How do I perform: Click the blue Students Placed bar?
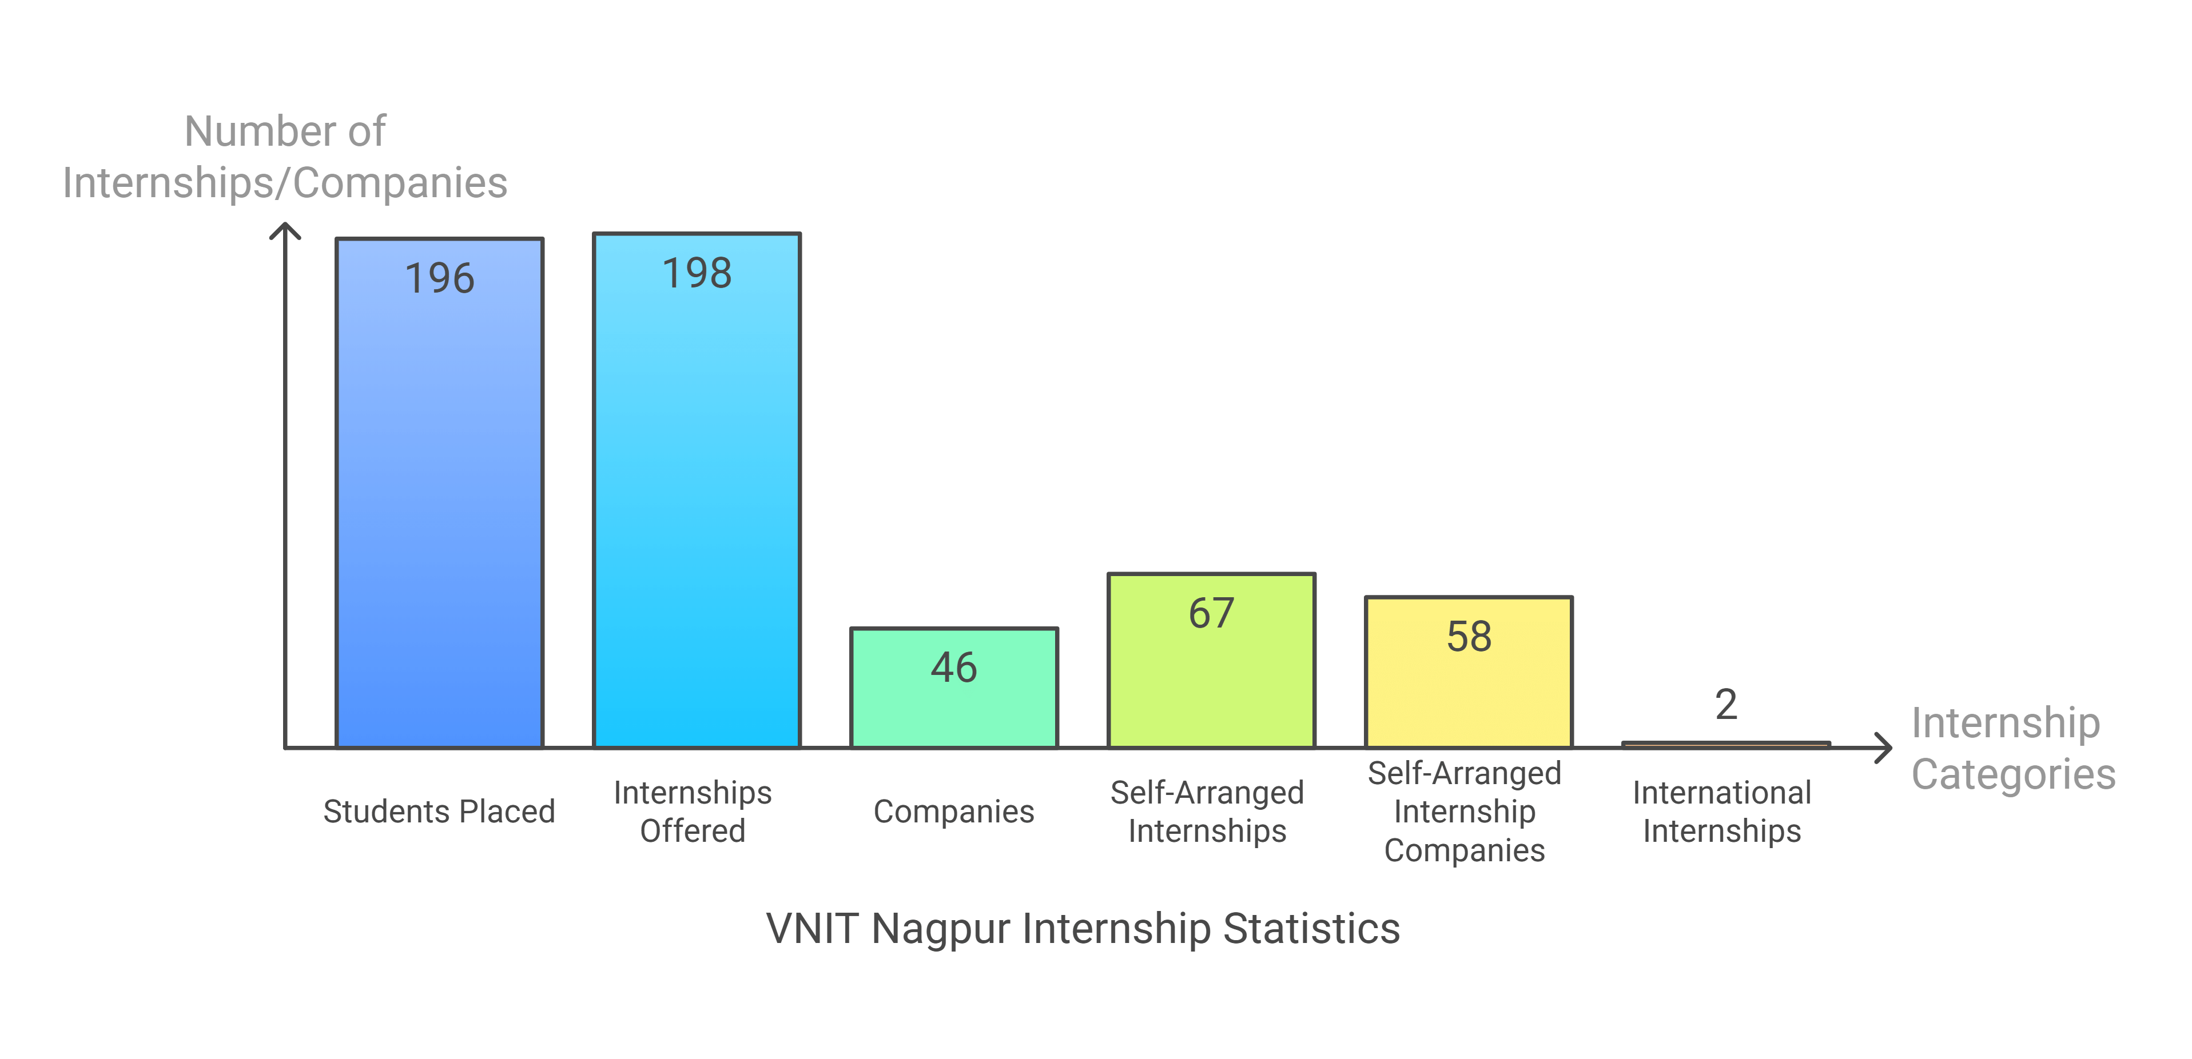(439, 510)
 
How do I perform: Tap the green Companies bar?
(954, 706)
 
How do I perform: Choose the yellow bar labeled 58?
(1469, 689)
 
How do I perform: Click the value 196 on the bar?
(439, 278)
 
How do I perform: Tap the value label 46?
(954, 667)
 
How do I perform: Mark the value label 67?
(1211, 613)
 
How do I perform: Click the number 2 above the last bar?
(1726, 704)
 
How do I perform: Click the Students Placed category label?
(439, 812)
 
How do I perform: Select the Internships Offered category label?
(693, 812)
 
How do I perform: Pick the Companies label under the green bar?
(954, 812)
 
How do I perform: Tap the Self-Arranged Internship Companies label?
(1465, 812)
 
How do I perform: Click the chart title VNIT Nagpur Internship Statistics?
(1083, 928)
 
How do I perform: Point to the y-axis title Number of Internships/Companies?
(285, 157)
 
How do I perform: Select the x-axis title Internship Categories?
(2012, 749)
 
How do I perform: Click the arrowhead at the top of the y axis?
(285, 228)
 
